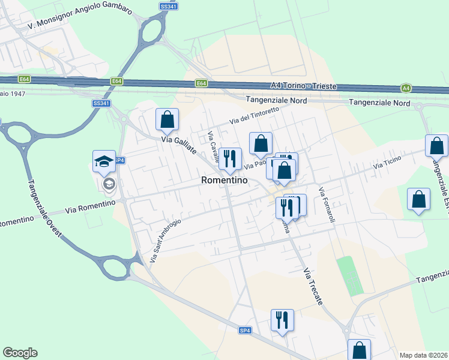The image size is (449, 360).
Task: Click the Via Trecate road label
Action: tap(313, 287)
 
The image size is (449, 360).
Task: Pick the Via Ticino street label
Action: tap(387, 163)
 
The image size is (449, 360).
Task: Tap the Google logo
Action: tap(20, 353)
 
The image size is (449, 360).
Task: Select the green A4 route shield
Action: tap(406, 88)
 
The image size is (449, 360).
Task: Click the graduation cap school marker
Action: tap(104, 161)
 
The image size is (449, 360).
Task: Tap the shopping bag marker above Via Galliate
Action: tap(167, 119)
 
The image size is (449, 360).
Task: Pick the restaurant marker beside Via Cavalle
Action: tap(230, 158)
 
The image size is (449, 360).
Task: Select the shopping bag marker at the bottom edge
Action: tap(359, 350)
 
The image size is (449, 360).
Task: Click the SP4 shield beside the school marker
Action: tap(119, 160)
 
